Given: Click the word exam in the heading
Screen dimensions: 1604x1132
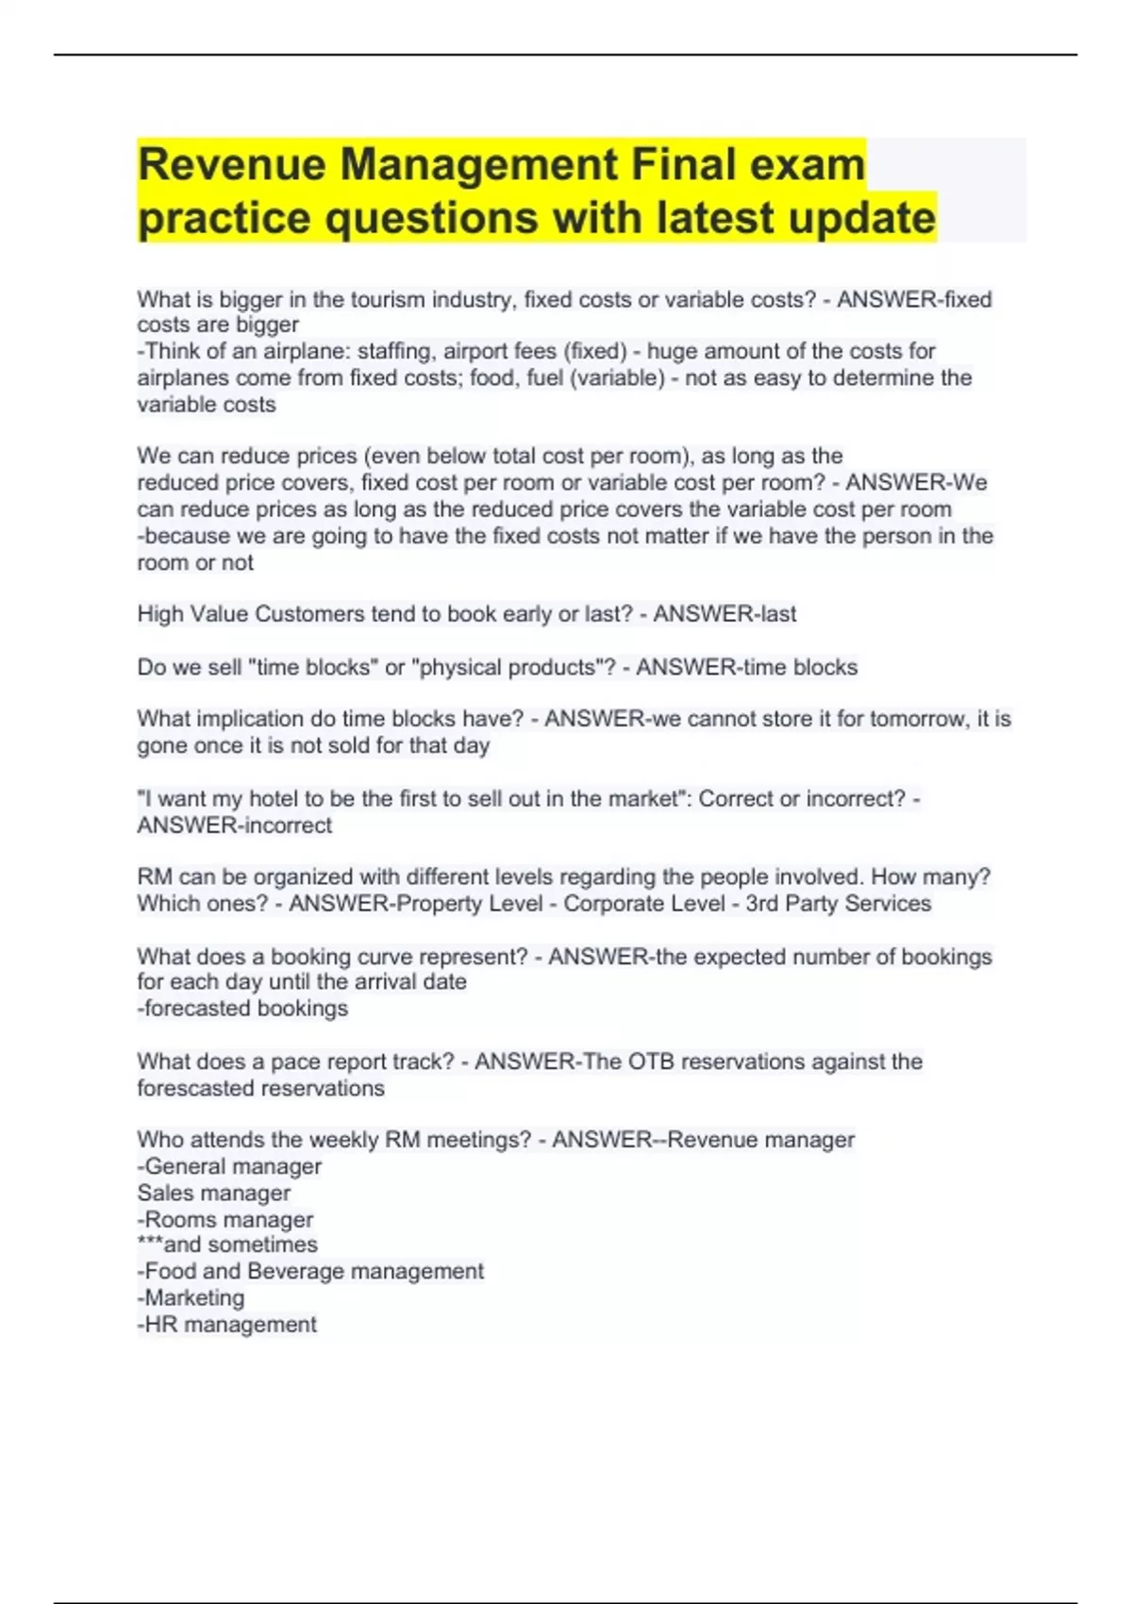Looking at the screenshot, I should click(x=807, y=164).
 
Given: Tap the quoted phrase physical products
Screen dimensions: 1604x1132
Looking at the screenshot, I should click(x=509, y=668).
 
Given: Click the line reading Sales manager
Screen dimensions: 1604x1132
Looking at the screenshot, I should click(x=214, y=1194).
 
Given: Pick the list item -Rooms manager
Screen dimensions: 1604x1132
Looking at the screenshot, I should click(x=225, y=1220).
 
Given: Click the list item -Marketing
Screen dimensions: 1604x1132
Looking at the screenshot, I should click(x=191, y=1298).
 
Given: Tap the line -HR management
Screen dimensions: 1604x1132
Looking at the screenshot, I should click(x=227, y=1325).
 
